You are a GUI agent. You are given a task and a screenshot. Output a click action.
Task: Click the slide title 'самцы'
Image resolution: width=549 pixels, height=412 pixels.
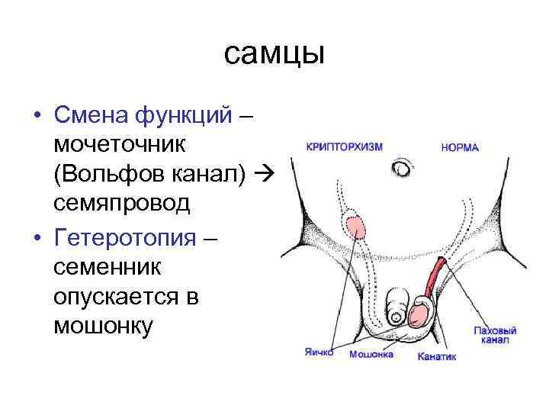274,54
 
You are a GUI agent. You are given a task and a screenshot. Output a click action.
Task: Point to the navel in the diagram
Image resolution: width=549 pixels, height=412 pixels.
401,168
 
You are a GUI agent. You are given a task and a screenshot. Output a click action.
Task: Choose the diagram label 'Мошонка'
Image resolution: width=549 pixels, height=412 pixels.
371,355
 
